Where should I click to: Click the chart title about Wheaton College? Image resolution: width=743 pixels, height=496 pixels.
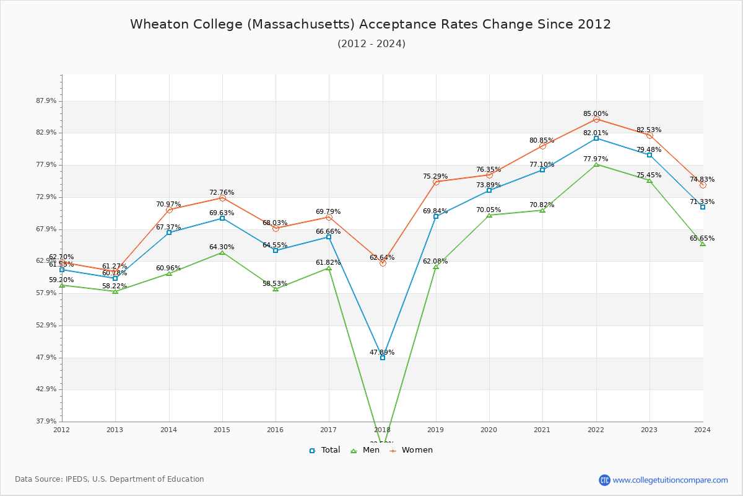tap(370, 24)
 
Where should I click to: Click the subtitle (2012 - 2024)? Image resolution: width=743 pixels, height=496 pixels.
tap(371, 43)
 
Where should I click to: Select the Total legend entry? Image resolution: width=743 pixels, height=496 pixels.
tap(324, 450)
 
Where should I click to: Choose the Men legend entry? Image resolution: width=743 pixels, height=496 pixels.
tap(365, 450)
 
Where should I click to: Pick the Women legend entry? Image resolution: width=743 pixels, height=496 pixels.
tap(411, 450)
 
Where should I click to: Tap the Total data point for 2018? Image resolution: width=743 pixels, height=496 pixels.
tap(383, 358)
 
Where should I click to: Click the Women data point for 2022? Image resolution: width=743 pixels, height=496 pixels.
tap(596, 119)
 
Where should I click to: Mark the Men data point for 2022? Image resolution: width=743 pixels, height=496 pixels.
tap(596, 164)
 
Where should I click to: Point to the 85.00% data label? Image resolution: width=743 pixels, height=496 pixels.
tap(595, 114)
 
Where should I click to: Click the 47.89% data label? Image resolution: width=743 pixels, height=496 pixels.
tap(382, 352)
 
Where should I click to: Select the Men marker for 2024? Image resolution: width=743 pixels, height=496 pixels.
tap(703, 244)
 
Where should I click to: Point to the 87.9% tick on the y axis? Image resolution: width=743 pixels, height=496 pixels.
tap(47, 101)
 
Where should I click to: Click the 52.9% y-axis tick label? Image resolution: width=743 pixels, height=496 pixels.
tap(47, 325)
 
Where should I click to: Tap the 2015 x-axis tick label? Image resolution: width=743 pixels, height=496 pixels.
tap(222, 429)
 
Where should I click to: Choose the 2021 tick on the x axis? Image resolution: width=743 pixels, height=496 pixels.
tap(542, 429)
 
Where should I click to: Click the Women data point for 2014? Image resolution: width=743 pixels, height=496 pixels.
tap(169, 210)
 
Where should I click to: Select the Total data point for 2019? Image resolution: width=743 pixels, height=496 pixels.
tap(436, 216)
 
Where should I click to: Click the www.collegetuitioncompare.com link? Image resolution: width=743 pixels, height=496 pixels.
tap(670, 480)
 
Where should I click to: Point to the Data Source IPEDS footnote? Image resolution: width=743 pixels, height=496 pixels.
tap(110, 479)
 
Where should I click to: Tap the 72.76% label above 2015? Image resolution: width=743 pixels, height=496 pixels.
tap(222, 193)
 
